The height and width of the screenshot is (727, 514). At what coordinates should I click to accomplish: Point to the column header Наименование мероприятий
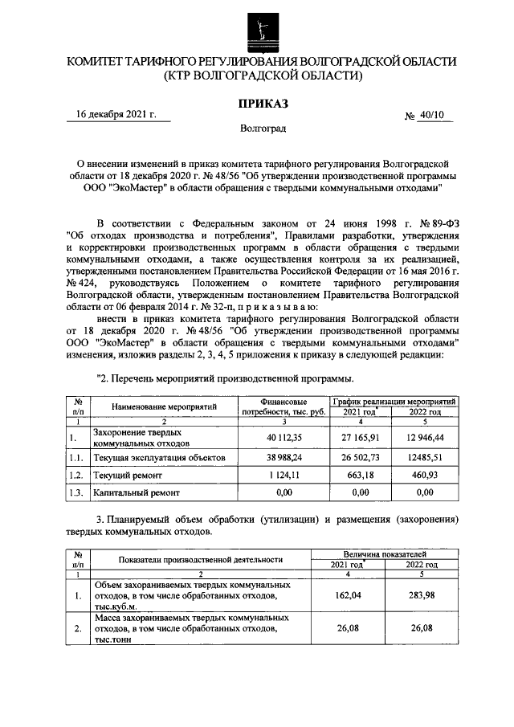(x=165, y=406)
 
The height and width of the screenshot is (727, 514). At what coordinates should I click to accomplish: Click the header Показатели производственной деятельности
(x=200, y=559)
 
